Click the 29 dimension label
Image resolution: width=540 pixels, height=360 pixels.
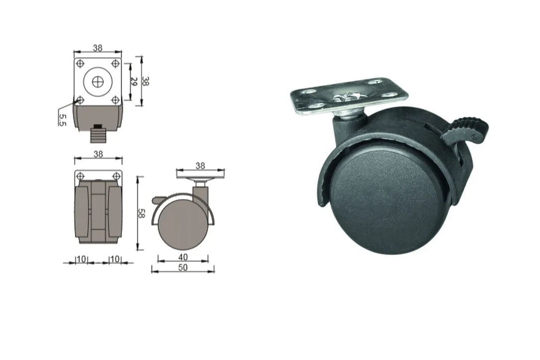coord(134,82)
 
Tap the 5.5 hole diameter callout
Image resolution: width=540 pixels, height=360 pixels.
coord(62,119)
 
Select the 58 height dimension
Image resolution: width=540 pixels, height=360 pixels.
coord(141,213)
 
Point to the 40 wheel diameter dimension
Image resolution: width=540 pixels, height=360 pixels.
coord(183,257)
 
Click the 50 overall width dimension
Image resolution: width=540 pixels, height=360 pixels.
coord(183,268)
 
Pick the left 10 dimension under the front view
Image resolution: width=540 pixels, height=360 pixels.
coord(82,259)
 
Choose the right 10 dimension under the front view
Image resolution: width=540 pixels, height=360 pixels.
coord(115,259)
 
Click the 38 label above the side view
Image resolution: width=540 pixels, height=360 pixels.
coord(200,166)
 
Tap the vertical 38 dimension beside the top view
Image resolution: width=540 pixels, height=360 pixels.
coord(146,81)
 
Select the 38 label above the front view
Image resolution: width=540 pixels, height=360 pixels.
coord(98,154)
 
